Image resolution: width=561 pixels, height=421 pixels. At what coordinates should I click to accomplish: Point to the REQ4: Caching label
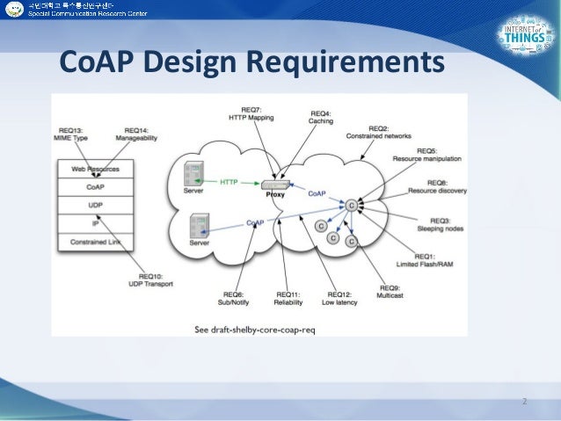click(321, 117)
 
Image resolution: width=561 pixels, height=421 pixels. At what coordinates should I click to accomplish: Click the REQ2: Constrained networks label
click(387, 134)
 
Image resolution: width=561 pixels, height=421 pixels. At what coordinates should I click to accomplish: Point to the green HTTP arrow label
click(229, 183)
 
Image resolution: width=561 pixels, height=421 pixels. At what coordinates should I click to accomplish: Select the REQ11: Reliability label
click(289, 298)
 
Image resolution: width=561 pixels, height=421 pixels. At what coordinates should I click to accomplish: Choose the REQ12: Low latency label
click(342, 298)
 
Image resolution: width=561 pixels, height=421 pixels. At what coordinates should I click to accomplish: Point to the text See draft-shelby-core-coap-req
click(255, 330)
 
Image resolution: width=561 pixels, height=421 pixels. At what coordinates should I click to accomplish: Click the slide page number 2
click(524, 402)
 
